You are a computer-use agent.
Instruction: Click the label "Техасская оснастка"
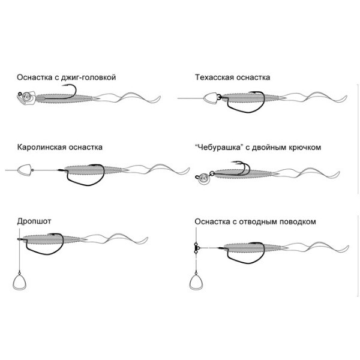tap(232, 77)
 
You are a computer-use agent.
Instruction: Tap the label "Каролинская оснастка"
tap(60, 147)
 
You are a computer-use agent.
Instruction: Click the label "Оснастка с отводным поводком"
tap(255, 221)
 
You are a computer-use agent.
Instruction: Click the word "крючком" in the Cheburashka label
tap(305, 147)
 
